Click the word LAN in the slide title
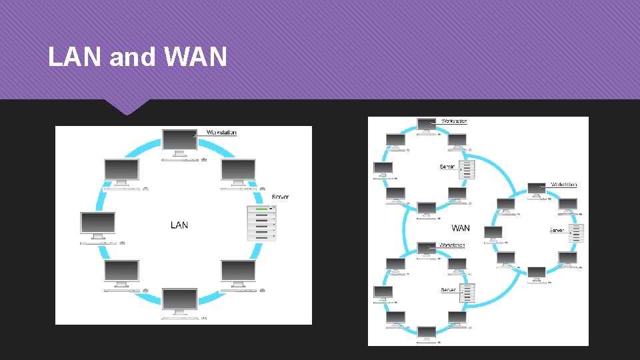point(75,58)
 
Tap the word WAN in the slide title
point(195,58)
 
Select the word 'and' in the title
point(132,58)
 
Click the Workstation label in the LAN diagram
point(221,133)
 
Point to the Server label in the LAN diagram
point(281,197)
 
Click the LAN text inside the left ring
point(179,225)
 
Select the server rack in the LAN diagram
point(261,223)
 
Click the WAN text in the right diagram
point(460,228)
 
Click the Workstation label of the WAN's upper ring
point(454,121)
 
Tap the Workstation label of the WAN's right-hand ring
point(564,185)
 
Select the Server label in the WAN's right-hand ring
point(557,231)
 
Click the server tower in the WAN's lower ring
point(469,293)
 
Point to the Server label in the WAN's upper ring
point(447,167)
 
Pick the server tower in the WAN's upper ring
point(468,169)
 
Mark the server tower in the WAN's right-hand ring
point(577,233)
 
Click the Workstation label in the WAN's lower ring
point(453,245)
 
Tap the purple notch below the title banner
point(127,105)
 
